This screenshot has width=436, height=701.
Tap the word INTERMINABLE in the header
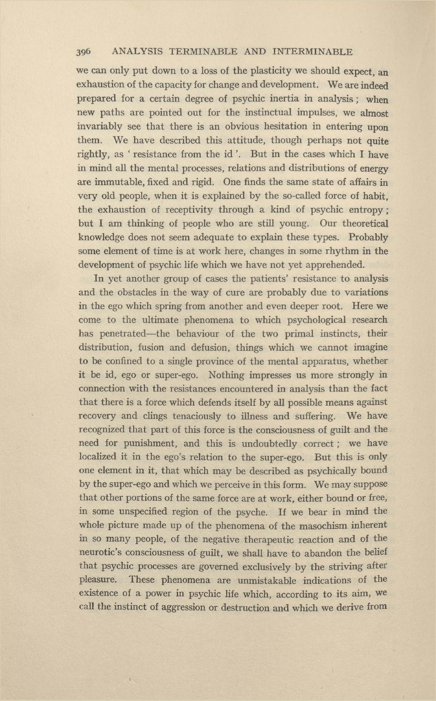[312, 52]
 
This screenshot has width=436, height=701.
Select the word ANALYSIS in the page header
[137, 52]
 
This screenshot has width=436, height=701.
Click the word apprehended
[328, 265]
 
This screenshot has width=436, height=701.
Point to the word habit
[375, 196]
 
